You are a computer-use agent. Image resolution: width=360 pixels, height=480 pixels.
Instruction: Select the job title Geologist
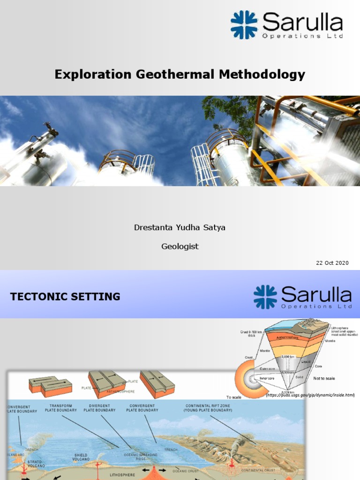tap(180, 247)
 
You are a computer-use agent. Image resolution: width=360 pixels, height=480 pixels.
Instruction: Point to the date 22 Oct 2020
tap(332, 263)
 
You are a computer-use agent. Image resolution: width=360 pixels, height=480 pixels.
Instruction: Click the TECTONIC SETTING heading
tap(65, 297)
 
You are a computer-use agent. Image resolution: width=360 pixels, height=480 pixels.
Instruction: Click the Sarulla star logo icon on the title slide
tap(244, 25)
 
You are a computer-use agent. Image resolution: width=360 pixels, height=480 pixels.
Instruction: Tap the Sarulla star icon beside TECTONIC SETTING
tap(265, 297)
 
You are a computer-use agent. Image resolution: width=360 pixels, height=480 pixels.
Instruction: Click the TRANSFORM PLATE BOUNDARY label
tap(61, 408)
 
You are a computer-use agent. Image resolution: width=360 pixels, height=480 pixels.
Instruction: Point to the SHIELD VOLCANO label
tap(81, 457)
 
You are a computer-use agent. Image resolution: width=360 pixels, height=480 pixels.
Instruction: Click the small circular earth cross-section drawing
tap(249, 375)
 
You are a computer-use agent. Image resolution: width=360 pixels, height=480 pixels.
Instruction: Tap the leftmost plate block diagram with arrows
tap(50, 385)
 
